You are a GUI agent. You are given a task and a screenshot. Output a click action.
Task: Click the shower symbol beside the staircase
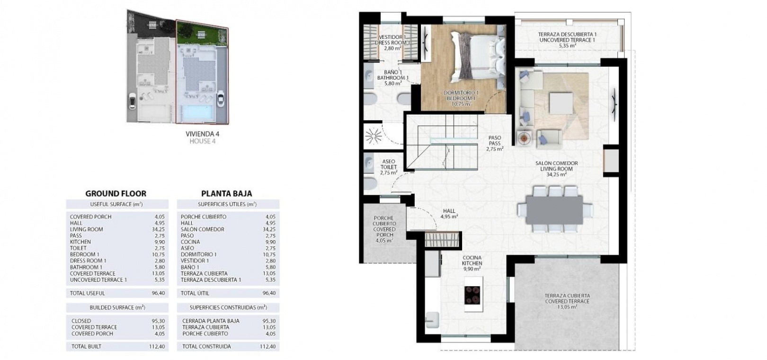pos(373,136)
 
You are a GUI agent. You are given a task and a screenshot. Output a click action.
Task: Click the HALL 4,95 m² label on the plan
pos(449,214)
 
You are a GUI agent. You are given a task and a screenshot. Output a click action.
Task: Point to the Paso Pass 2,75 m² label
pos(494,143)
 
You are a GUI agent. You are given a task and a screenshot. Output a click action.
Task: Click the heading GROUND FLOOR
pos(116,194)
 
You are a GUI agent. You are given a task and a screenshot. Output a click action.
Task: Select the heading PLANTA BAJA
pos(227,194)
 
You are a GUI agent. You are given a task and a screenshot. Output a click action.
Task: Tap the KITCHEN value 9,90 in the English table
pos(160,242)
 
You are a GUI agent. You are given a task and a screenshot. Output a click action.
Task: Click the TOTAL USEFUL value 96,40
pos(158,293)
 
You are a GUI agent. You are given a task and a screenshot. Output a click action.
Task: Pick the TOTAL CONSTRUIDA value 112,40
pos(268,346)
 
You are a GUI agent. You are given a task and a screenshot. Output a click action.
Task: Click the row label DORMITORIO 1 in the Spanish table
pos(198,254)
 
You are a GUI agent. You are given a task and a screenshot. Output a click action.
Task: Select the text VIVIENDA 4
pos(202,134)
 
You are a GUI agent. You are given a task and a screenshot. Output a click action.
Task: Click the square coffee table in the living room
pos(561,103)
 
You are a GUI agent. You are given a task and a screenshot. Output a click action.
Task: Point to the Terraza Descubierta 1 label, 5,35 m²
pos(567,40)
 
